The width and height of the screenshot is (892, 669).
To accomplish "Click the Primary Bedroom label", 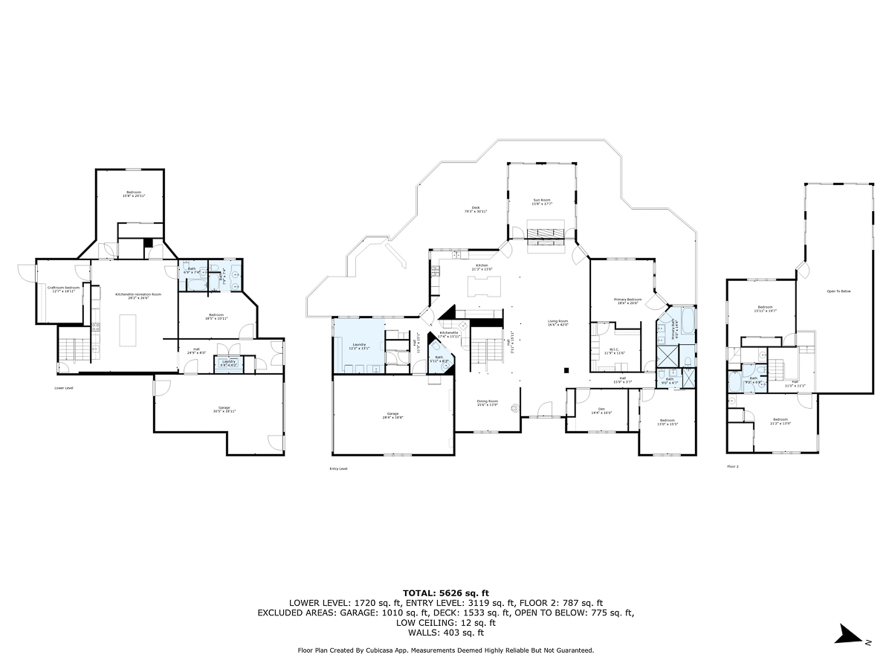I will tap(627, 301).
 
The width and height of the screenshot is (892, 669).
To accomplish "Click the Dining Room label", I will tap(488, 403).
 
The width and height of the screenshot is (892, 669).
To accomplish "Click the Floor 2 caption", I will tap(733, 467).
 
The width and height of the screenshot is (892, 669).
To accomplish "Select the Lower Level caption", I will tap(65, 387).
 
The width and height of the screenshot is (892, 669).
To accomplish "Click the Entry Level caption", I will tap(338, 468).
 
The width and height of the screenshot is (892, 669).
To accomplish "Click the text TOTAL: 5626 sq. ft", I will tap(445, 592).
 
